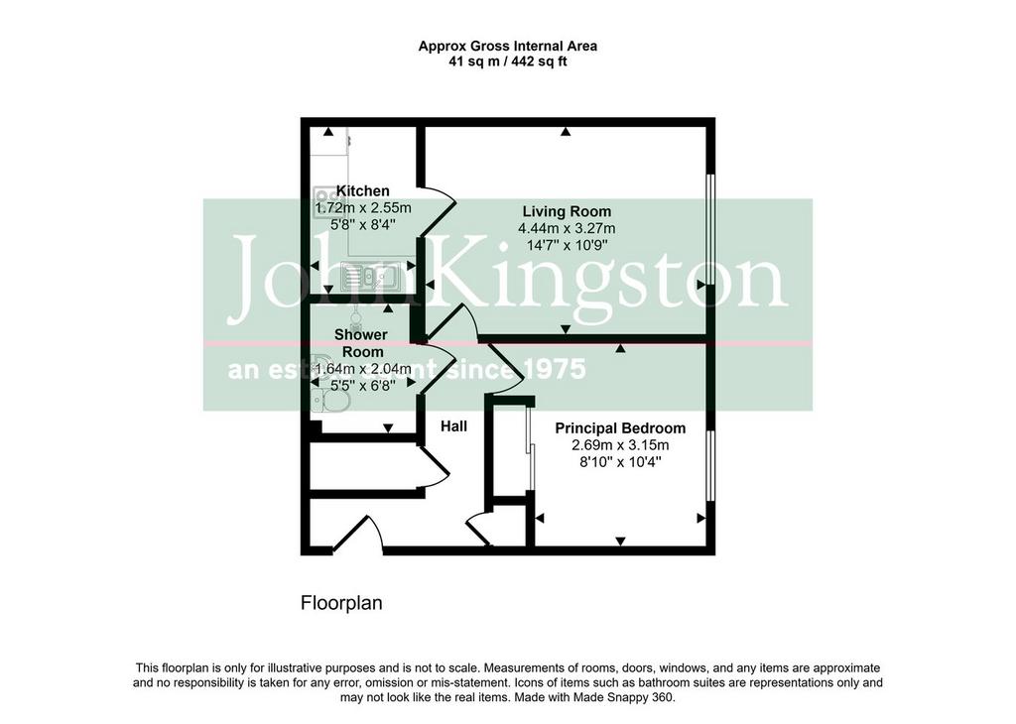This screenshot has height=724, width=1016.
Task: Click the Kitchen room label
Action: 362,191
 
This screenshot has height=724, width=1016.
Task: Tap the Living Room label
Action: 567,211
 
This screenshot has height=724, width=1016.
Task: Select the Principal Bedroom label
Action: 620,428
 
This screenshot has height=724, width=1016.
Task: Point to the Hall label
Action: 453,426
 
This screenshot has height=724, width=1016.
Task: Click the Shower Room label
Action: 361,343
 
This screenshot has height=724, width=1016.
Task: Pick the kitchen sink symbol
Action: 370,277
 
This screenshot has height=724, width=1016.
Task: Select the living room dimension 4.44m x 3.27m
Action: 567,228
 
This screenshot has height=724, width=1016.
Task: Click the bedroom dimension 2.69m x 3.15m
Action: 620,445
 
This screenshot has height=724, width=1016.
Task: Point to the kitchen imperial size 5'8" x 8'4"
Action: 363,224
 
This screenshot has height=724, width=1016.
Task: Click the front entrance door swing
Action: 359,534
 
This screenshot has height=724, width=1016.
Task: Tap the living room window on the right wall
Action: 710,229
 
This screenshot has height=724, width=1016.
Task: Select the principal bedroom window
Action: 710,465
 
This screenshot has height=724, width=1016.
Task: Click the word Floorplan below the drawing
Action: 341,604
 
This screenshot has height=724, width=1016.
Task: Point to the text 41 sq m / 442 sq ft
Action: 508,62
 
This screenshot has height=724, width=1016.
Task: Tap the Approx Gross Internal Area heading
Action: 508,47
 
